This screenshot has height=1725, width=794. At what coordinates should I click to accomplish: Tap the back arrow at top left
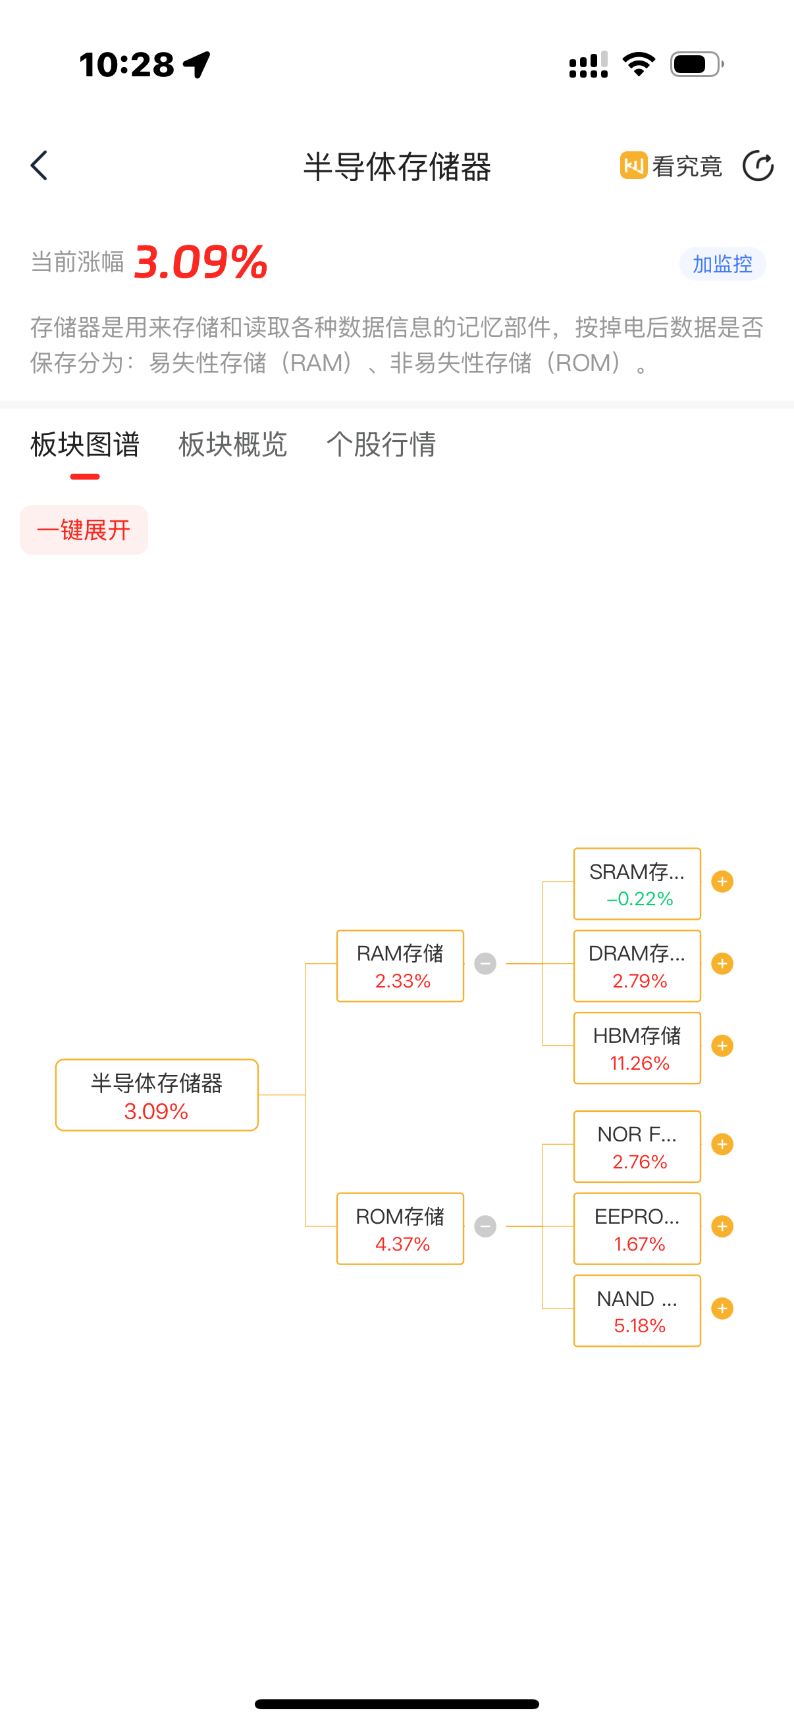point(40,165)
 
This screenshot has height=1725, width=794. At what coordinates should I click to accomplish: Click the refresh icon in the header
point(758,165)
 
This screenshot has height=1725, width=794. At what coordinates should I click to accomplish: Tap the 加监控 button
point(722,264)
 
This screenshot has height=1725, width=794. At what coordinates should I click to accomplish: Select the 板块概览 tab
point(232,444)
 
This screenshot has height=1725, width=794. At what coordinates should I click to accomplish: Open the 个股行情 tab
point(381,444)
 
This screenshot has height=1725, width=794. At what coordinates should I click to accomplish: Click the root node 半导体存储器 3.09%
point(157,1095)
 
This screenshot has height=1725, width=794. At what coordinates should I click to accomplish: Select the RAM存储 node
point(400,966)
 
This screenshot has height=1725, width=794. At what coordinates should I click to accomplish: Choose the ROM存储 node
point(400,1228)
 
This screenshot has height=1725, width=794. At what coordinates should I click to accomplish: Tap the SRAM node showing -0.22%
point(637,884)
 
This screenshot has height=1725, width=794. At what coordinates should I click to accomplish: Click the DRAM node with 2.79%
point(637,966)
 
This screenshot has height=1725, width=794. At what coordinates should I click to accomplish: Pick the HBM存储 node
point(637,1047)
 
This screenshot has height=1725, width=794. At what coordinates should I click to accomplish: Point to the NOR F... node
point(637,1146)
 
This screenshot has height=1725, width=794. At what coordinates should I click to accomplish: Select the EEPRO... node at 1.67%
point(637,1228)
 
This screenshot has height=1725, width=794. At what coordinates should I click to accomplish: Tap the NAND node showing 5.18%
point(637,1311)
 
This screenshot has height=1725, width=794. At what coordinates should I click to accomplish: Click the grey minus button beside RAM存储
point(485,964)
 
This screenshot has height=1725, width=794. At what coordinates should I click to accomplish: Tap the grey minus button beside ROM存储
point(485,1226)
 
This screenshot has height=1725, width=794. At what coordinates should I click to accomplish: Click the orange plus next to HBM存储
point(722,1045)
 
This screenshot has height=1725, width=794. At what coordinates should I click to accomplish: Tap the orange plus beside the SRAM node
point(722,882)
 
